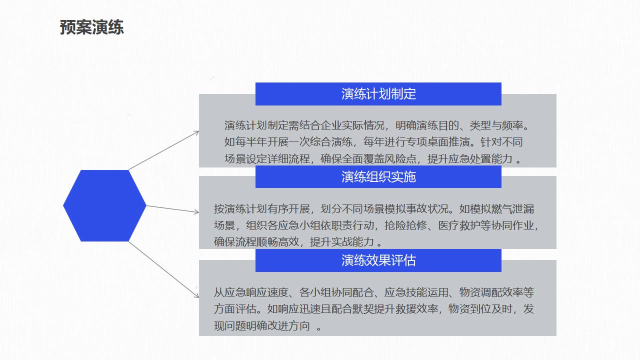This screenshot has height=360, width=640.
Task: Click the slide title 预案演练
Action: [x=91, y=27]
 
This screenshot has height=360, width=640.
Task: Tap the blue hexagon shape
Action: [x=104, y=205]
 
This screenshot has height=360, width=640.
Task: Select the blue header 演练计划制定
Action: [x=378, y=94]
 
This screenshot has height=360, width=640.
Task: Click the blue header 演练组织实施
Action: [x=378, y=176]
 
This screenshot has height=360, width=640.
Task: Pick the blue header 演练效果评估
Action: [x=378, y=260]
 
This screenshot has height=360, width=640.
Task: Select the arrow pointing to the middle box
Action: [x=172, y=209]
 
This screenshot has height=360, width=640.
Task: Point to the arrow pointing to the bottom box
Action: [x=163, y=269]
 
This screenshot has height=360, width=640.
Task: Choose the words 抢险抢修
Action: [x=405, y=225]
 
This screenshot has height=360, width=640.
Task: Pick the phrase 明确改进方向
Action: [x=277, y=325]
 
